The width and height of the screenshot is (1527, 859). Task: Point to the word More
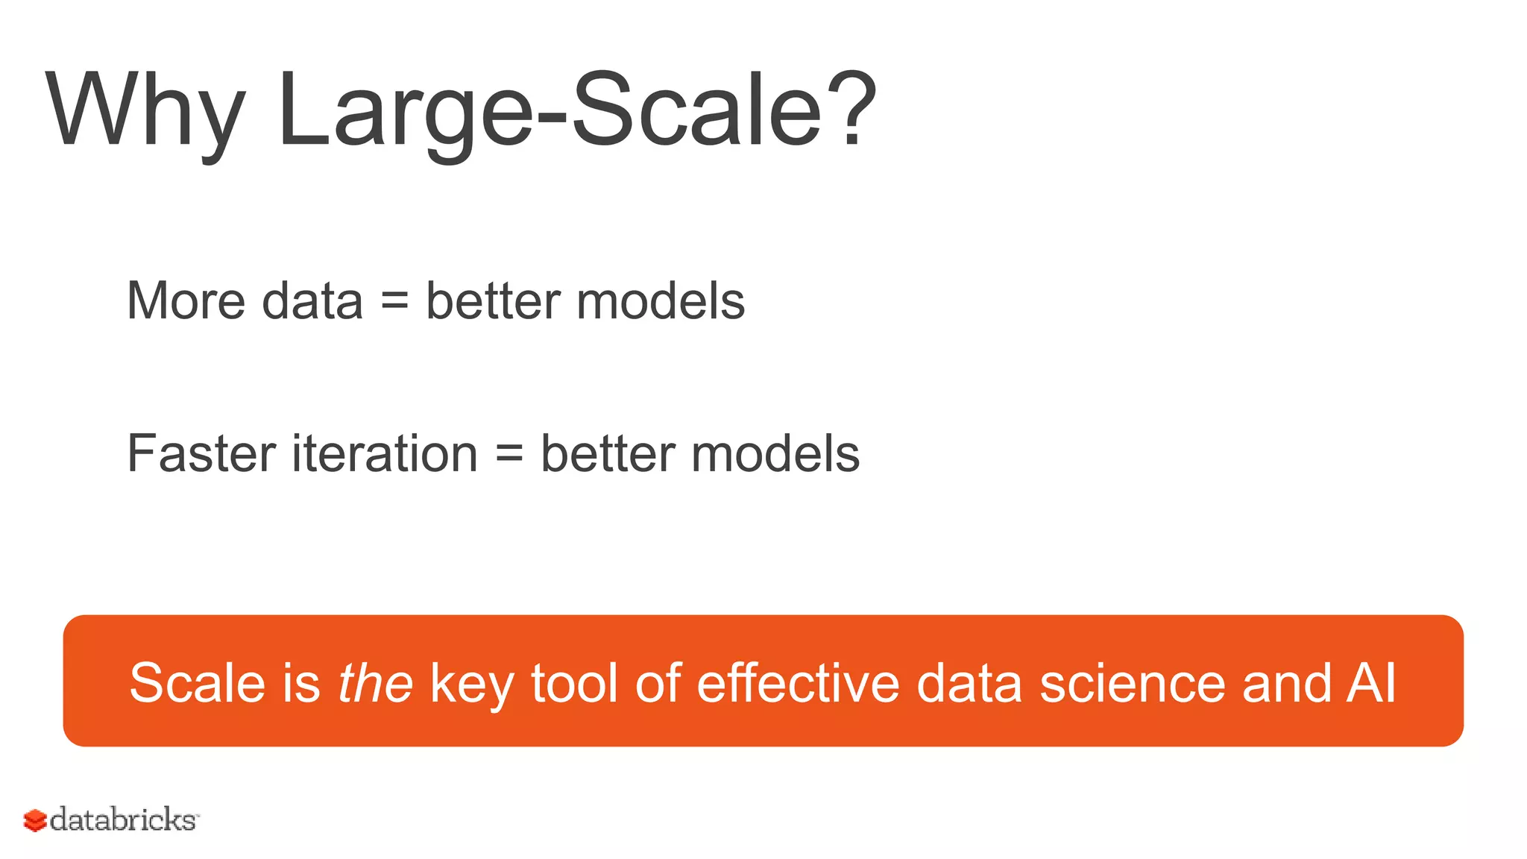click(186, 301)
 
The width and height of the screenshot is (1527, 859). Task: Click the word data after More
click(312, 301)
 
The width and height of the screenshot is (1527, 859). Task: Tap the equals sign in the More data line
click(394, 301)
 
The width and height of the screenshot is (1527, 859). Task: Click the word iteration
click(385, 453)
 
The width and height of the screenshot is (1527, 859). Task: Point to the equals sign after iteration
click(509, 453)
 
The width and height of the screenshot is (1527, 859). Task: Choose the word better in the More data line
click(493, 301)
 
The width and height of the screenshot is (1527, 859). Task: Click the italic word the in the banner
click(375, 682)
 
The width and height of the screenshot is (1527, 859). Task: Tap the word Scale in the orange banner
click(197, 682)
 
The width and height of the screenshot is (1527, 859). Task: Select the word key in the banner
click(471, 682)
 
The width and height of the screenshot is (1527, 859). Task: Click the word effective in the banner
click(798, 682)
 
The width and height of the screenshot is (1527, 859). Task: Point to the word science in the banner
click(1132, 682)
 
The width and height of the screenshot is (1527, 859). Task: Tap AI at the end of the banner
click(1370, 682)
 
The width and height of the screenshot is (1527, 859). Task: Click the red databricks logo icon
click(35, 820)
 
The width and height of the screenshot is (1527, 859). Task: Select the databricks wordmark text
click(123, 819)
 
